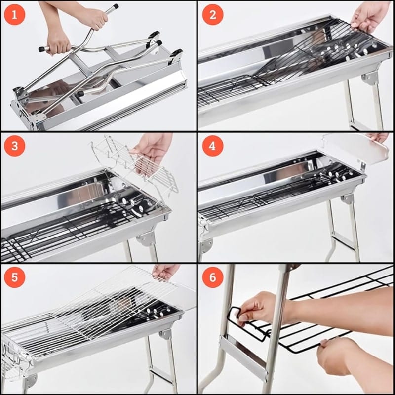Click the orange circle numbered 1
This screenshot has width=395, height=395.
point(15,15)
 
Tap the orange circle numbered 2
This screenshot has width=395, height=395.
point(213,15)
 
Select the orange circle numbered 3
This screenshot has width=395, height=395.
point(15,146)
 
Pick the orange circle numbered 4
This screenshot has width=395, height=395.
point(213,146)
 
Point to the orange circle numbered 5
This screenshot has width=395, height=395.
point(15,277)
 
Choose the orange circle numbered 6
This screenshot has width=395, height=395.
point(213,277)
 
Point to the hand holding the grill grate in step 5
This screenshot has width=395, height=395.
point(165,272)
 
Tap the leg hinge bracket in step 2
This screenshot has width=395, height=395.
point(370,78)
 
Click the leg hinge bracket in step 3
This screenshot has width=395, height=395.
point(147,238)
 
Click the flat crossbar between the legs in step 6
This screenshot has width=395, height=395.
point(243,357)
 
